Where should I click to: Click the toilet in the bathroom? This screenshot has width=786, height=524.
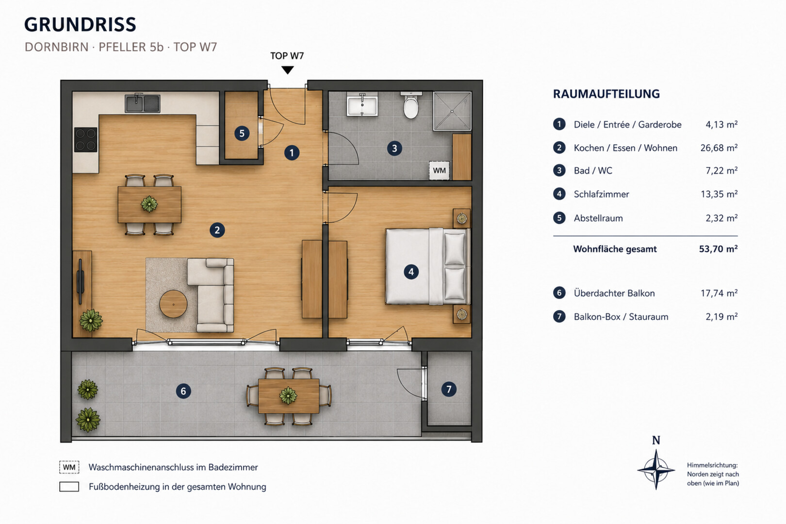pos(411,105)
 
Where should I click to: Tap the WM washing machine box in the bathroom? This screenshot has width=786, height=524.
pos(439,171)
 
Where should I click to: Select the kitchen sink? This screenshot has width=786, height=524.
pos(143,103)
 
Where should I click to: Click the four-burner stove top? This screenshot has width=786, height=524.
pos(85,139)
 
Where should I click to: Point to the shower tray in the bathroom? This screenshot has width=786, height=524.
pos(452,111)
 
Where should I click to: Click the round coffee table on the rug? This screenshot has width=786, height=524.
pos(173,304)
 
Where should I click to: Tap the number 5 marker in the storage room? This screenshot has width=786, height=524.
pos(242,133)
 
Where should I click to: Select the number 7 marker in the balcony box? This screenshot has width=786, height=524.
pos(449,389)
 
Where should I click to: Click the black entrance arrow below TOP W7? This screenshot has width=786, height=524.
pos(287,70)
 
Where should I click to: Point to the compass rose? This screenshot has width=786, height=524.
pos(656,469)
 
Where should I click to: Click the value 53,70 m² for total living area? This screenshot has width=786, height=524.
pos(718,249)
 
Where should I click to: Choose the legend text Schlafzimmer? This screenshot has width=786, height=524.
pos(602,194)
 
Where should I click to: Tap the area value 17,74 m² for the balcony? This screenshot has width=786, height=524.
pos(719,293)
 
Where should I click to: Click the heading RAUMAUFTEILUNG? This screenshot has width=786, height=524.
pos(606,94)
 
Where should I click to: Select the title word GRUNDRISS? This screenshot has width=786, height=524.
pos(80,25)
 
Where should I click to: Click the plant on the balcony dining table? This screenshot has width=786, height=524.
pos(288,395)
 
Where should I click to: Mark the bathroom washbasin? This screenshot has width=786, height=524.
pos(362,104)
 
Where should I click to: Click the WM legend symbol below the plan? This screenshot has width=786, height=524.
pos(69,467)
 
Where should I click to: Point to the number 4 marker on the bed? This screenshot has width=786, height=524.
pos(411,272)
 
